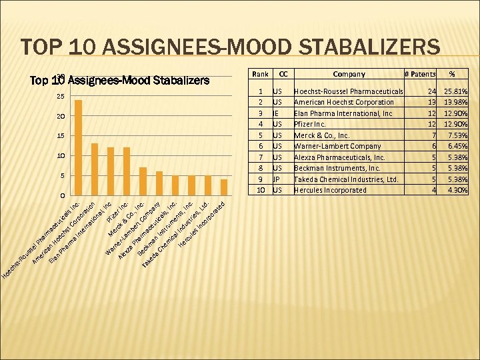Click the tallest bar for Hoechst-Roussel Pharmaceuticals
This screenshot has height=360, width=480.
pos(78,147)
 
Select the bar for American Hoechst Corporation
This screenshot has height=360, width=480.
pos(95,169)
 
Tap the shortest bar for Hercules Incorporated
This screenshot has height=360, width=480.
pos(224,187)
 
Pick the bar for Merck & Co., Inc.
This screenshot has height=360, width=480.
pos(143,181)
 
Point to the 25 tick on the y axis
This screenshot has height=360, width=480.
pos(61,97)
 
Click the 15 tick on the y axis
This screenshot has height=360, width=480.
pos(61,137)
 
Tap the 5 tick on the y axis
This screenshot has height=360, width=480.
pos(61,176)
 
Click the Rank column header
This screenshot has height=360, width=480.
pos(261,74)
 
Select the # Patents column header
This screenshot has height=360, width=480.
pos(421,74)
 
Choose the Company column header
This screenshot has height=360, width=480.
pos(349,74)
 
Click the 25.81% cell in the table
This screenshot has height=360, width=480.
pos(455,91)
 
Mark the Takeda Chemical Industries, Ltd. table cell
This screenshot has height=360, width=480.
pos(346,179)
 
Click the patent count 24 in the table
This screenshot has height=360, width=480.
pos(431,91)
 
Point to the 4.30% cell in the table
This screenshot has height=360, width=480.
pos(457,190)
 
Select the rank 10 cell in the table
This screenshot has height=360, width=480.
pos(261,190)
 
